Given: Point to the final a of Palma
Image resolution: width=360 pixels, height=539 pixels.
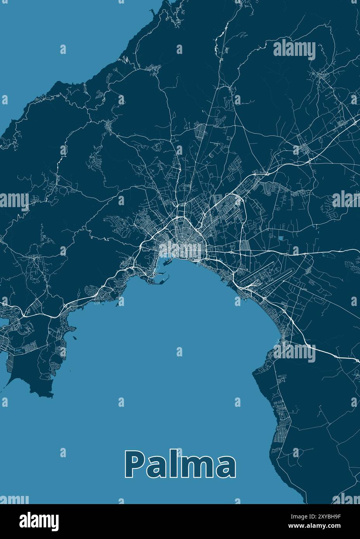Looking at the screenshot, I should click(225, 467).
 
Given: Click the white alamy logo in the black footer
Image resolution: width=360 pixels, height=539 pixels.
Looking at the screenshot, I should click(39, 520).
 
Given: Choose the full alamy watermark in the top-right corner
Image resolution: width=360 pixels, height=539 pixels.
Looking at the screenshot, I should click(294, 49).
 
